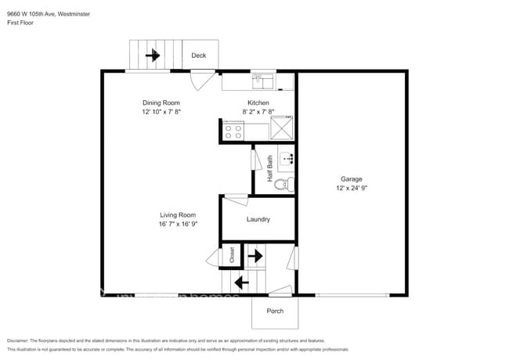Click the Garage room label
tap(351, 179)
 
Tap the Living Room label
tap(178, 214)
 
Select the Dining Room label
tap(161, 103)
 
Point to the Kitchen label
tap(258, 103)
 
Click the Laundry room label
tap(258, 219)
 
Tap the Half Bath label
tap(270, 169)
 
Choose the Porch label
tap(275, 311)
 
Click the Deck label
tap(199, 56)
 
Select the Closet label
tap(232, 255)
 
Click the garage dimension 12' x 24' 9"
tap(351, 189)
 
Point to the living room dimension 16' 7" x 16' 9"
tap(178, 224)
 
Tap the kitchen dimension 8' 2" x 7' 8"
tap(258, 112)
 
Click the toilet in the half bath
tap(287, 185)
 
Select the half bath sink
tap(287, 159)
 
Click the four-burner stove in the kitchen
tap(233, 131)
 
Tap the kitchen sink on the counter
tap(262, 80)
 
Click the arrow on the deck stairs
tap(153, 56)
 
